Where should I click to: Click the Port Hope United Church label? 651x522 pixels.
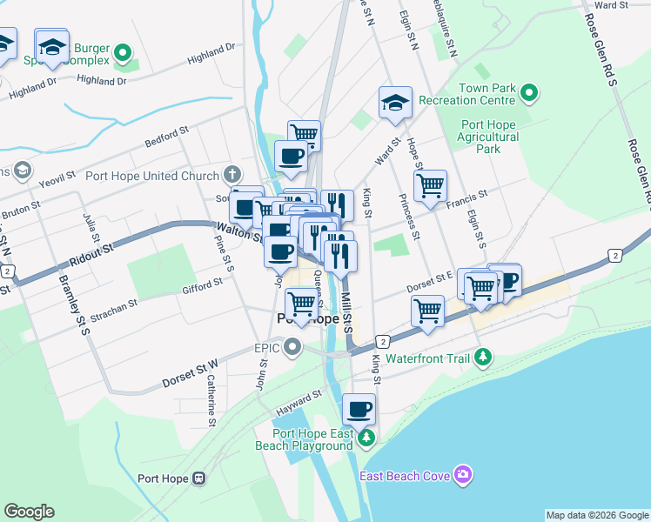click(x=152, y=176)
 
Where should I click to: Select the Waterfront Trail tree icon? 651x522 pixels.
click(x=484, y=358)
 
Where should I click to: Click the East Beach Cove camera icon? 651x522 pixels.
click(x=464, y=475)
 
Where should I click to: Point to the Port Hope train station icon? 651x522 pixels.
click(x=199, y=478)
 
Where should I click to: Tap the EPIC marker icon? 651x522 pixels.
click(x=292, y=348)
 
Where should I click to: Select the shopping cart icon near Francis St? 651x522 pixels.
click(x=430, y=186)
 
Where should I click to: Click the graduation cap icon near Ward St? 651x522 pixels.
click(x=395, y=104)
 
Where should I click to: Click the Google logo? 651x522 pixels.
click(x=29, y=512)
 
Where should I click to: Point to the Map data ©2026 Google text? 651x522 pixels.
click(x=596, y=515)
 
